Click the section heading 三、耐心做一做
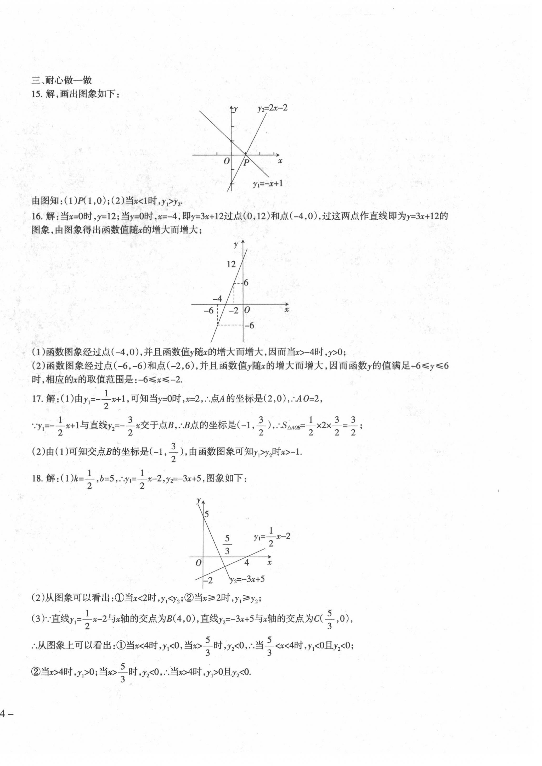click(x=61, y=80)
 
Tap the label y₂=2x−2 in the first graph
click(x=272, y=108)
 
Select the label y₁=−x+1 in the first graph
click(x=268, y=183)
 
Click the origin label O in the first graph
click(x=227, y=161)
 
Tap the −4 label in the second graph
click(x=217, y=298)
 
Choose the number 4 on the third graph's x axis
click(x=246, y=563)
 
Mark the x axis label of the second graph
click(x=286, y=310)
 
